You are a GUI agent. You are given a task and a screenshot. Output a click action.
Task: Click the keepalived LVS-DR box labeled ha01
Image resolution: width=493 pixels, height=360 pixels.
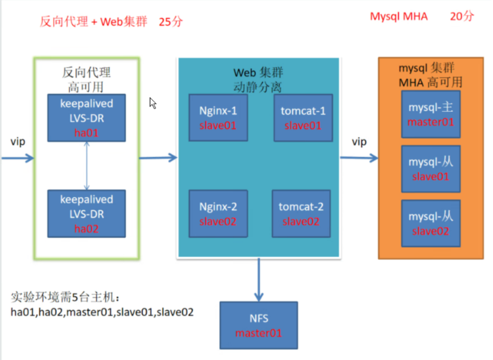(86, 118)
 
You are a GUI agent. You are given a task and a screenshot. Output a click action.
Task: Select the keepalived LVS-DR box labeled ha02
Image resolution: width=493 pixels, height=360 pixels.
(86, 213)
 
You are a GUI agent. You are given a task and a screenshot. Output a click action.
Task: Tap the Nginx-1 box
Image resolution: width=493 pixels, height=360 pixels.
(218, 118)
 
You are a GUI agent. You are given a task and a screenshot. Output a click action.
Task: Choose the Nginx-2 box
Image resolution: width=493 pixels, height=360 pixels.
(218, 213)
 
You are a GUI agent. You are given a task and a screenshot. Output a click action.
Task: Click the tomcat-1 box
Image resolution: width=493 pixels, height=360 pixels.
(303, 118)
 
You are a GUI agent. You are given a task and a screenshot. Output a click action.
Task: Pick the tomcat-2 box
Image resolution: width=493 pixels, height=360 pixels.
(301, 213)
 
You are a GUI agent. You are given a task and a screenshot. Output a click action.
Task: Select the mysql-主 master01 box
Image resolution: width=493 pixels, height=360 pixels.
(430, 114)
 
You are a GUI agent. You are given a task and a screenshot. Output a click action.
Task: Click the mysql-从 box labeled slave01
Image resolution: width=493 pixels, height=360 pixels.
(430, 169)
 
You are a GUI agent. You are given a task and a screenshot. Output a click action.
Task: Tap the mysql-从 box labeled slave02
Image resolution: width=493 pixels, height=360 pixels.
(430, 223)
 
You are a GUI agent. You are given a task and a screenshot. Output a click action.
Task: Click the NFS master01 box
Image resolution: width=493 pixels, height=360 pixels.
(259, 325)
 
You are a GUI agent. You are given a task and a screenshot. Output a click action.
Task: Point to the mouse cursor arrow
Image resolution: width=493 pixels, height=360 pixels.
(153, 103)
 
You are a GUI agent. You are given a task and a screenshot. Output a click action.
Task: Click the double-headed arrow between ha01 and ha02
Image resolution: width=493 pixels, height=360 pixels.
(86, 166)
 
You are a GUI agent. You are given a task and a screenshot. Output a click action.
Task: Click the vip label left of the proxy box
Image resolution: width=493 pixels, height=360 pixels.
(18, 142)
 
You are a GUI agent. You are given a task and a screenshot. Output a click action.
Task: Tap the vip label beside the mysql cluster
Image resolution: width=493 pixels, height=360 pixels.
(359, 142)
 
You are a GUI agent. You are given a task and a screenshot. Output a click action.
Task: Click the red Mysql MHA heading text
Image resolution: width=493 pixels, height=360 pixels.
(399, 17)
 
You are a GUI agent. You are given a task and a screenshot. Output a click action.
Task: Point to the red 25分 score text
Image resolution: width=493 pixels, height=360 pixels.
(171, 22)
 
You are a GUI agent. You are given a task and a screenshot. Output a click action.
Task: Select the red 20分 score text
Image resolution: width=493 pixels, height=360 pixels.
(462, 17)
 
